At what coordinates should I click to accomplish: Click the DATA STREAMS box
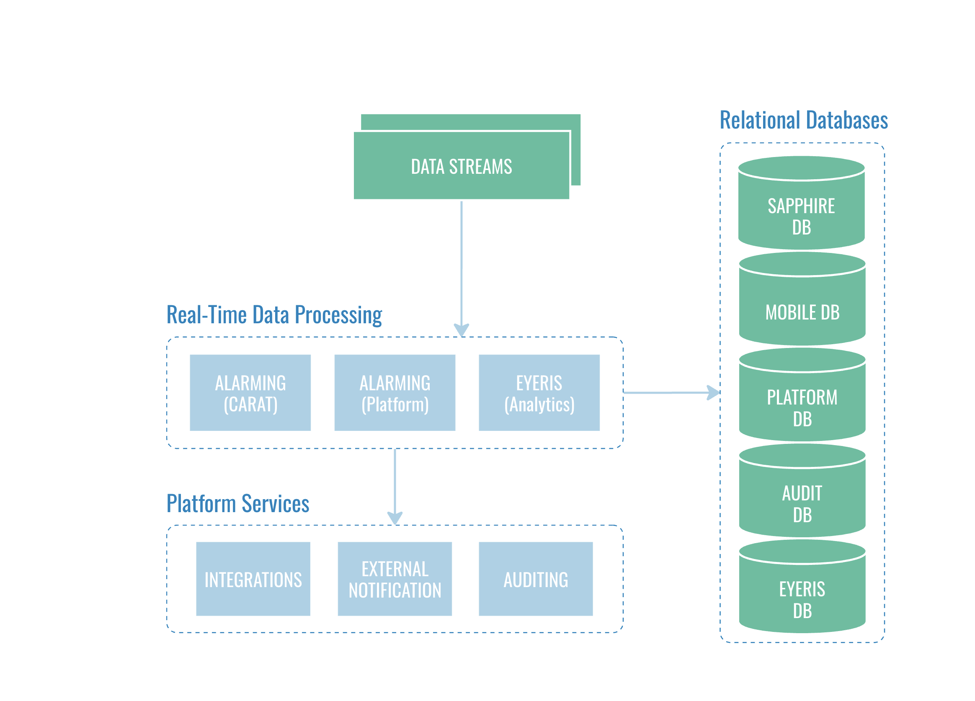point(461,166)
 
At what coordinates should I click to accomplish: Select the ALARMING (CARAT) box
point(250,392)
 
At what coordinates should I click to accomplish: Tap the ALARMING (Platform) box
point(395,392)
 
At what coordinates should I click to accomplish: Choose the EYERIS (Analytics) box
point(539,392)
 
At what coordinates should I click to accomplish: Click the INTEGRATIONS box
point(253,579)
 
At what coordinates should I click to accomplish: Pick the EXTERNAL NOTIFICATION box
point(395,579)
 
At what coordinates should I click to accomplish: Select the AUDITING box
point(536,579)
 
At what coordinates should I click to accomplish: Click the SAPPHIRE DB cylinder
point(801,211)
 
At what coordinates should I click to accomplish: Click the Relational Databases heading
point(803,120)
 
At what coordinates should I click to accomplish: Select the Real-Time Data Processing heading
point(274,314)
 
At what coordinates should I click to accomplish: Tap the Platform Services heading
point(238,503)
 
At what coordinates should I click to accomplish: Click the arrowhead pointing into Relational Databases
point(714,392)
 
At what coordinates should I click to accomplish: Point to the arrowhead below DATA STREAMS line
point(461,330)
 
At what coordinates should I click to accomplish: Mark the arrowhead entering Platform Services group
point(395,518)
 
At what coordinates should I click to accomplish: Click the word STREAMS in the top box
point(480,166)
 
